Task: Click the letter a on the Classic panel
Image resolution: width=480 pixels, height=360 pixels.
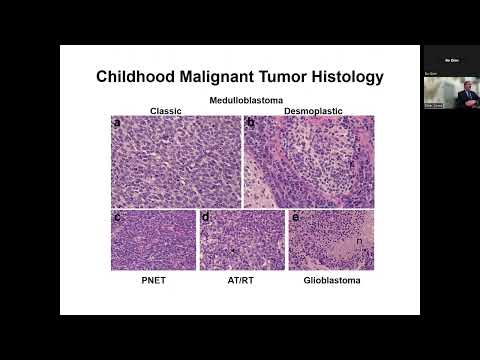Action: tap(118, 124)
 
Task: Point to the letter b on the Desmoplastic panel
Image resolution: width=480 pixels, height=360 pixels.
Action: tap(252, 124)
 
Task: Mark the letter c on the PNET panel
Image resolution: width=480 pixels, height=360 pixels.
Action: tap(118, 217)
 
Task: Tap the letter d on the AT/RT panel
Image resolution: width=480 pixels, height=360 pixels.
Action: tap(206, 217)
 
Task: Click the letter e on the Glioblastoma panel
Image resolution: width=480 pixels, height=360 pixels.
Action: tap(295, 217)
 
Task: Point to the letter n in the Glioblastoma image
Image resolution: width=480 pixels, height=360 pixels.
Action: tap(359, 240)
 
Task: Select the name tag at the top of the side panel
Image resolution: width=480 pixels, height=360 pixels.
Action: tap(451, 59)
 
